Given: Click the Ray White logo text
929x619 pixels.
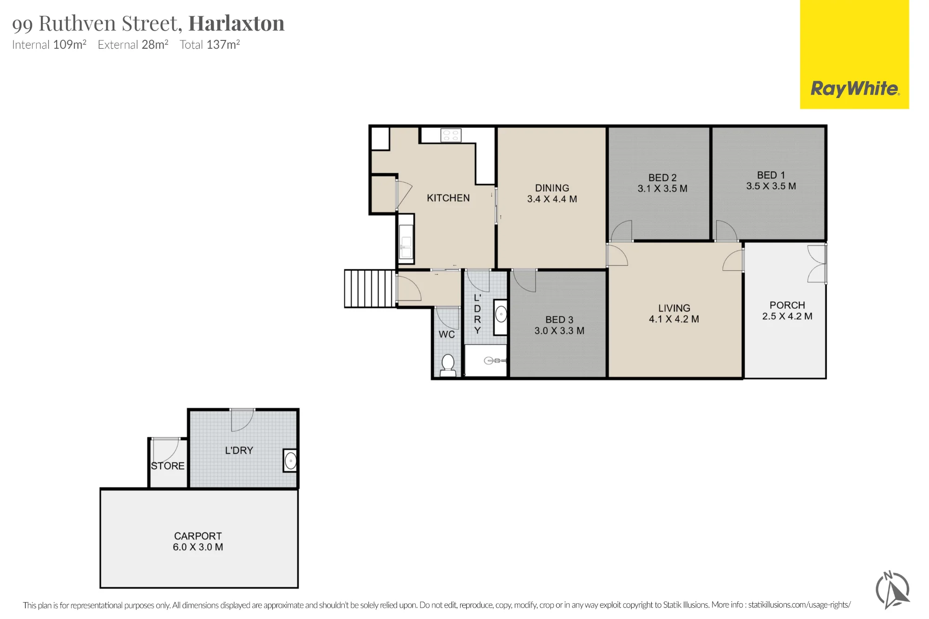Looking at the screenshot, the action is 855,88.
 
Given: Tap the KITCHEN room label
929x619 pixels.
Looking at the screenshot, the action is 448,198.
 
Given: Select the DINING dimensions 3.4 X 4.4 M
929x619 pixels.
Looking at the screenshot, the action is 552,199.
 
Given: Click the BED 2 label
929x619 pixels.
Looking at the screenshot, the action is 662,177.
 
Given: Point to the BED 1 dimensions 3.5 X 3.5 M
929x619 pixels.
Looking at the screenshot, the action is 771,186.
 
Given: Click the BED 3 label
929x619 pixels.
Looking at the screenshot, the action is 559,319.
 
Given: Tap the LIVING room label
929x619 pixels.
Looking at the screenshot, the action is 674,308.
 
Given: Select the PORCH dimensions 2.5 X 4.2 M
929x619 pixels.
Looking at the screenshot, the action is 787,316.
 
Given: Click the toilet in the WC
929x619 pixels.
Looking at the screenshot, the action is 448,365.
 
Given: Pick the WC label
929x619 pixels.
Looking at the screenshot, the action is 446,334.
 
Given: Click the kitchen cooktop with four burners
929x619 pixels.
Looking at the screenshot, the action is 451,135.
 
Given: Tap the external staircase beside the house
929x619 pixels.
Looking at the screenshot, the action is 370,288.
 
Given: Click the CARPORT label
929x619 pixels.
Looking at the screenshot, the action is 198,536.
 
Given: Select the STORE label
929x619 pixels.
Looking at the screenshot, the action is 168,466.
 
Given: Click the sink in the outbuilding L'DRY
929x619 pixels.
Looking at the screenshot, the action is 290,461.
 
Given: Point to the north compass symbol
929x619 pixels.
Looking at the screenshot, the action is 892,590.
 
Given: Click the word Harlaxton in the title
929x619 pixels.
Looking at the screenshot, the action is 236,23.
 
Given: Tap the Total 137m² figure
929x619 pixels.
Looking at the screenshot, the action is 210,45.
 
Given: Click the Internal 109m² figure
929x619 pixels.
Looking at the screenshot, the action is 49,45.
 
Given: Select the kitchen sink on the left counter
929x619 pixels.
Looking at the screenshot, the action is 406,241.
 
